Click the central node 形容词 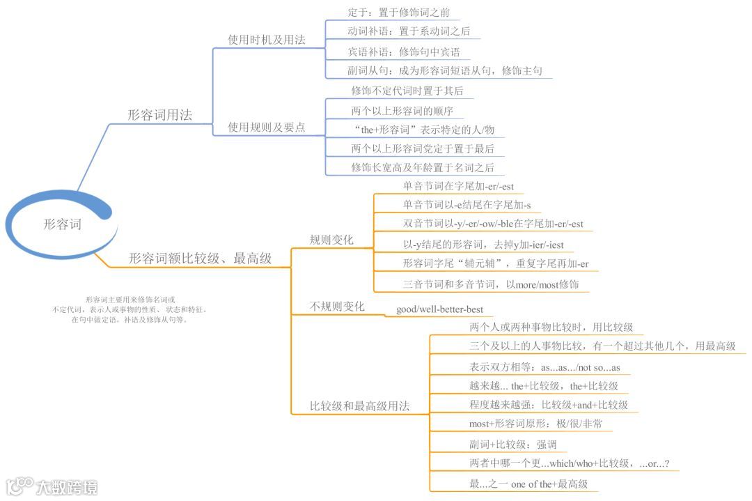coord(62,224)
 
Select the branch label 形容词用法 coord(159,115)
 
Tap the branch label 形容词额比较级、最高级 coord(200,259)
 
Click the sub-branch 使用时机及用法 coord(267,40)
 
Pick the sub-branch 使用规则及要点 coord(267,128)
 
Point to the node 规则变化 coord(331,240)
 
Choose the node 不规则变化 coord(337,307)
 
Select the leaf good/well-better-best coord(439,309)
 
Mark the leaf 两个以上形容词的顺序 coord(403,111)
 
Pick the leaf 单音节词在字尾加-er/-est coord(458,187)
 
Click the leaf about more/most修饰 coord(491,284)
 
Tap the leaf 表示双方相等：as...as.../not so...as coord(545,367)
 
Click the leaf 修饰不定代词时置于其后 coord(407,91)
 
